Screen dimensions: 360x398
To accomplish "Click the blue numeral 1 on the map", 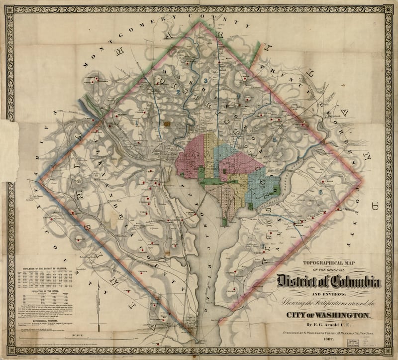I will (x=136, y=120).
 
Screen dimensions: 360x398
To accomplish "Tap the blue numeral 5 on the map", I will (x=275, y=139).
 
